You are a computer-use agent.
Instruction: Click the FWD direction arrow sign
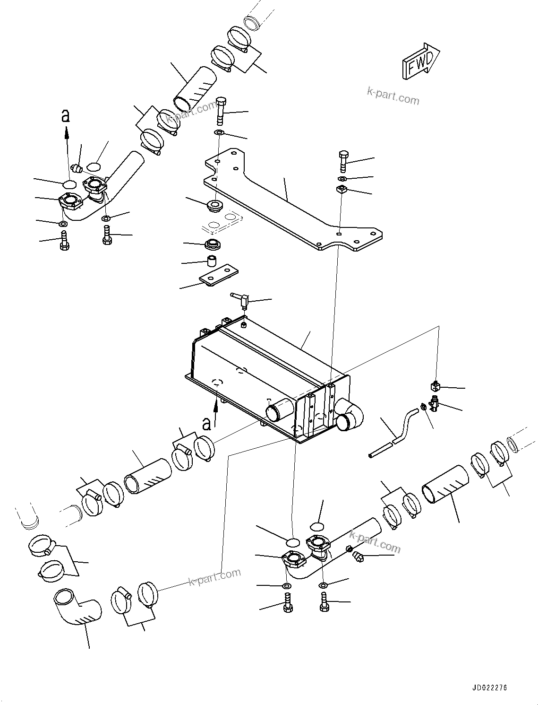[x=420, y=61]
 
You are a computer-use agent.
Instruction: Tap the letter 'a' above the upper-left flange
[x=66, y=115]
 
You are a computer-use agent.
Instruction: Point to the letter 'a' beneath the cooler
[x=206, y=422]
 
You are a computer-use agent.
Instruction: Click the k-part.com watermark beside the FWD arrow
[x=393, y=96]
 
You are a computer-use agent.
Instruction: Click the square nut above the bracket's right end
[x=342, y=190]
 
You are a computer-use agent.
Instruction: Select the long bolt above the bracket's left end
[x=222, y=111]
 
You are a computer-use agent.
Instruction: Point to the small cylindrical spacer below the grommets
[x=212, y=261]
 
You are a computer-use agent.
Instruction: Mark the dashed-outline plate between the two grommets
[x=222, y=221]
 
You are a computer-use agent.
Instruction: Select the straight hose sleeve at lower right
[x=445, y=485]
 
